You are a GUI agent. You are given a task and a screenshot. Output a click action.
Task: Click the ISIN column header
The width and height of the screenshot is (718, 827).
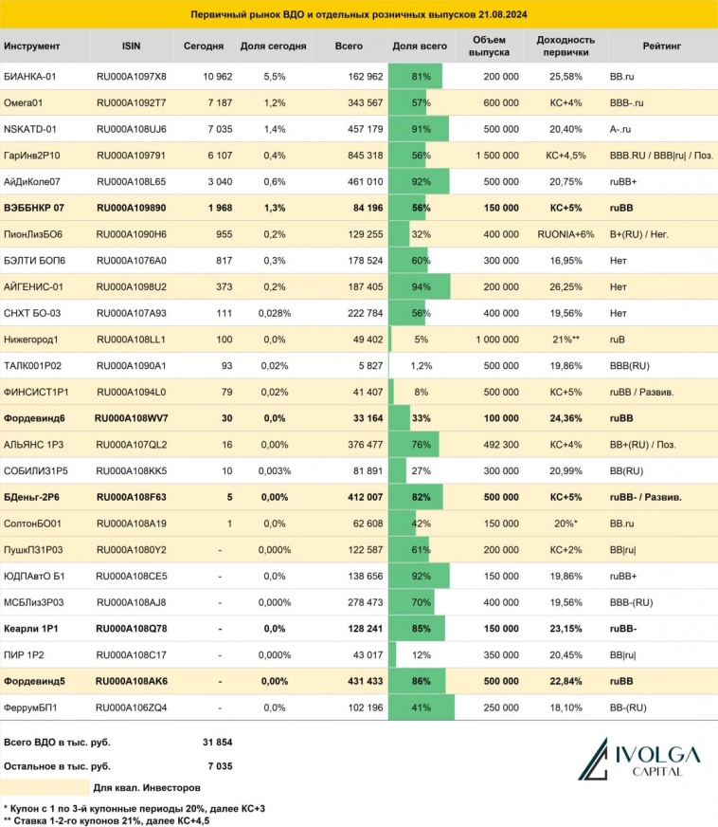131,46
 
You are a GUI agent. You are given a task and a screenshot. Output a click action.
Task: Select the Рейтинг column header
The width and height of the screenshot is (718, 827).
660,46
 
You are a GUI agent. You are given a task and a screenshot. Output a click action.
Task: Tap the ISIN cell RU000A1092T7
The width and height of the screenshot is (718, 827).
132,101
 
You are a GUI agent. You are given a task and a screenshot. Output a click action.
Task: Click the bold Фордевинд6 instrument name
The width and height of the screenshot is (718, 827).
35,417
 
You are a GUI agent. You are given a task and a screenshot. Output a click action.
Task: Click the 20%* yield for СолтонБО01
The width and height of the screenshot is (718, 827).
565,522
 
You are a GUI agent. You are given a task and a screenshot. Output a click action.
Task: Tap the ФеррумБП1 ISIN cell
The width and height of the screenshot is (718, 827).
132,706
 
